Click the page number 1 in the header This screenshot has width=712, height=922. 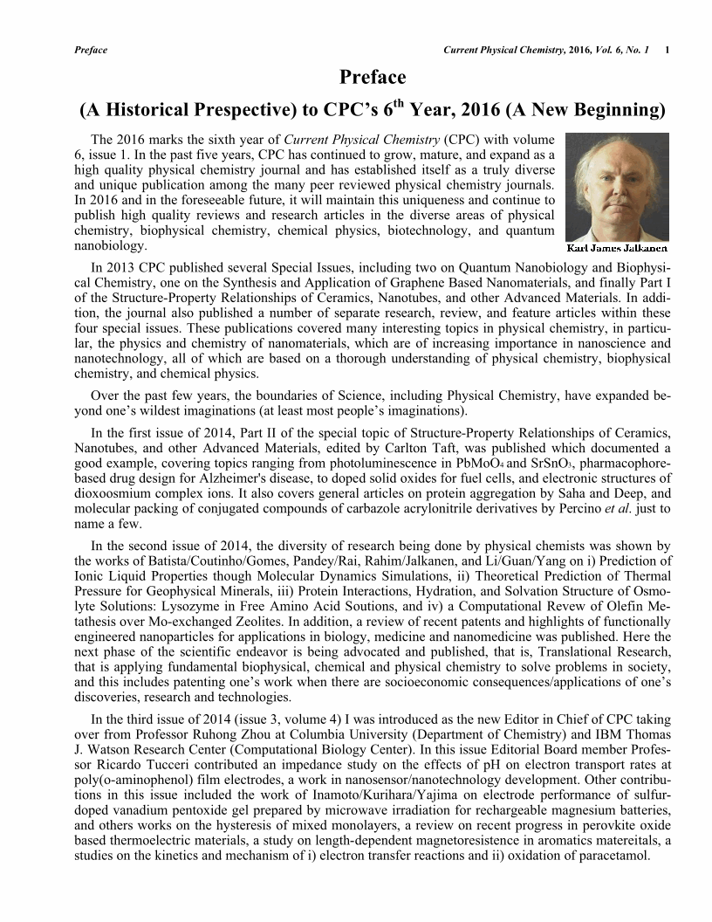[667, 50]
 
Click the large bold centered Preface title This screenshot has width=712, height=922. [373, 79]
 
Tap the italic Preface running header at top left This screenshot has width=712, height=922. [92, 50]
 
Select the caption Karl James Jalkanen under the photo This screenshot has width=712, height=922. [617, 248]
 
